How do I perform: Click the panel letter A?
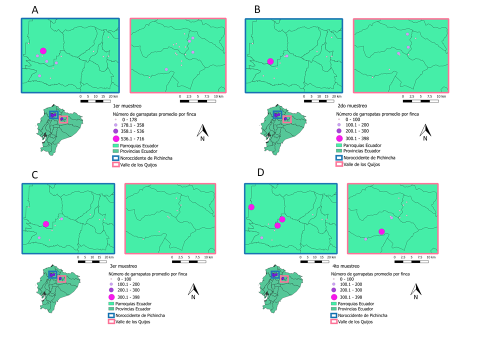pyautogui.click(x=34, y=10)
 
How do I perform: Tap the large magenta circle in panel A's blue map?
pyautogui.click(x=43, y=50)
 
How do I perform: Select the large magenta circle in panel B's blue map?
pyautogui.click(x=270, y=61)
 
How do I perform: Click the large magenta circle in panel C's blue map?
pyautogui.click(x=46, y=224)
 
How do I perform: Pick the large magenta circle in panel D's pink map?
pyautogui.click(x=381, y=231)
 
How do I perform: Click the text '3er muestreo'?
pyautogui.click(x=123, y=266)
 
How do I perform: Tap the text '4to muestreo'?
pyautogui.click(x=344, y=266)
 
